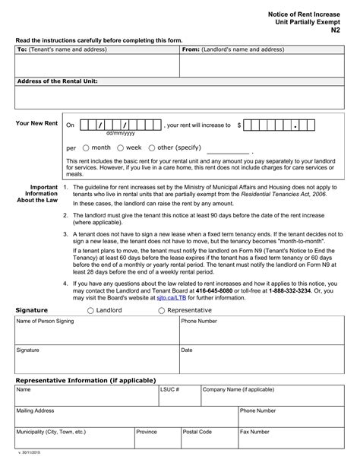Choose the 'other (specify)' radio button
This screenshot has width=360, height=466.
pos(152,147)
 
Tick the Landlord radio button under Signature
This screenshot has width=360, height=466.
pos(91,311)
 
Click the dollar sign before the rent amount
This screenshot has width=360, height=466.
pos(239,125)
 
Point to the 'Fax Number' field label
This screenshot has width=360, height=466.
pos(256,432)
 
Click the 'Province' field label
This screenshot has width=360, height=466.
pos(147,432)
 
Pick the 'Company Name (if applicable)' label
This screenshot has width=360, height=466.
pos(238,389)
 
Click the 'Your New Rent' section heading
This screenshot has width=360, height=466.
pos(36,123)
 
